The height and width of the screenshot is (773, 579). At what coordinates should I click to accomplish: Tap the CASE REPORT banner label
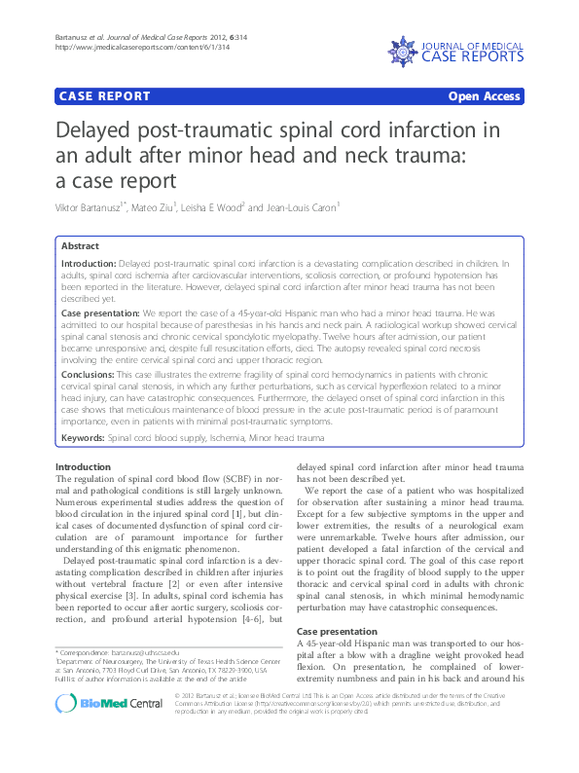(x=106, y=96)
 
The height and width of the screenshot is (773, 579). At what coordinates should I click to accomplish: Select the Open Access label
(x=484, y=96)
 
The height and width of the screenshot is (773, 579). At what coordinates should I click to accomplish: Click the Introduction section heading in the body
(x=83, y=467)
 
